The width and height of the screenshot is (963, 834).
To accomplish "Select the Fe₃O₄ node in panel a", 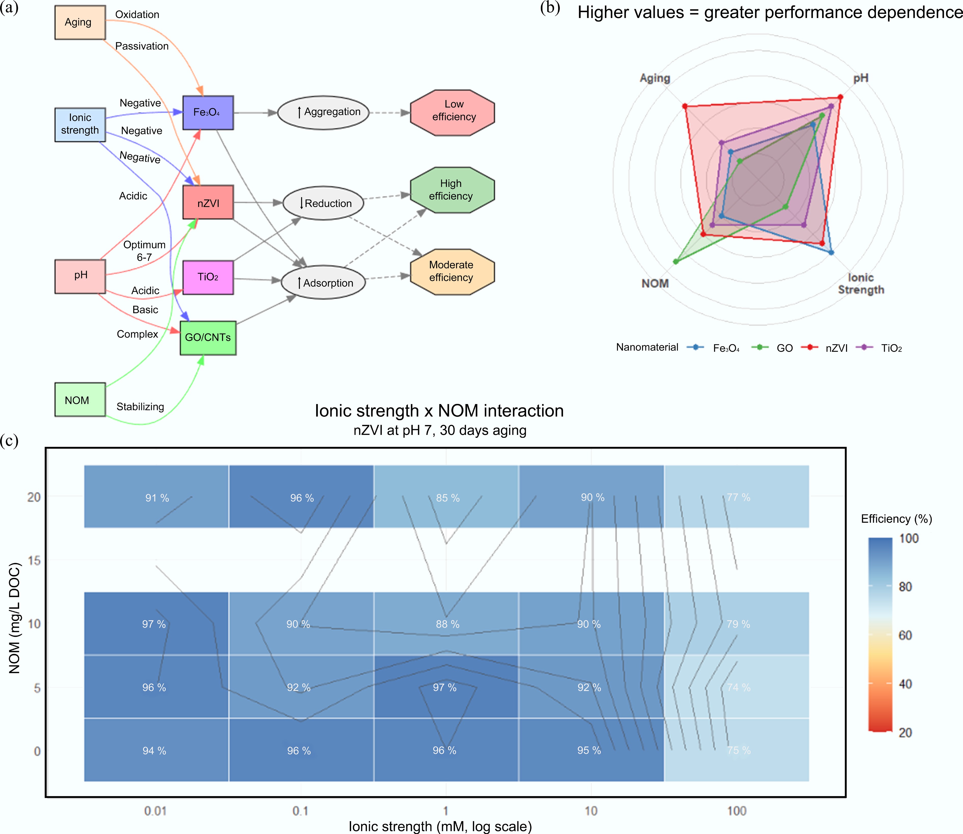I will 208,113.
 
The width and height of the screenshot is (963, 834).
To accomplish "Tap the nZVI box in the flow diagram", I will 208,202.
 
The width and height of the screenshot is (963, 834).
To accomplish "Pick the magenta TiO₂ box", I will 208,277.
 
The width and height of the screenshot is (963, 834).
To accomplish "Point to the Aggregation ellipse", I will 323,113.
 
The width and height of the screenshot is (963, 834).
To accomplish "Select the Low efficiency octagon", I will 452,113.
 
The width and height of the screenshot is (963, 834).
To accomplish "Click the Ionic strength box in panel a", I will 80,124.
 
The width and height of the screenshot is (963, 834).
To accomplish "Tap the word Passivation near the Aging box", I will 142,46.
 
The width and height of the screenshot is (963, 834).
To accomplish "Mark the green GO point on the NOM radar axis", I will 676,261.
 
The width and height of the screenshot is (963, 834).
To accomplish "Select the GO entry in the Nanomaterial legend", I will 784,348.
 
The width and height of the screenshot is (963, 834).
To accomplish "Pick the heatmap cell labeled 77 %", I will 737,497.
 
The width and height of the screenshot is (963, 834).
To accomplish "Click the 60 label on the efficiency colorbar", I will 905,635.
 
